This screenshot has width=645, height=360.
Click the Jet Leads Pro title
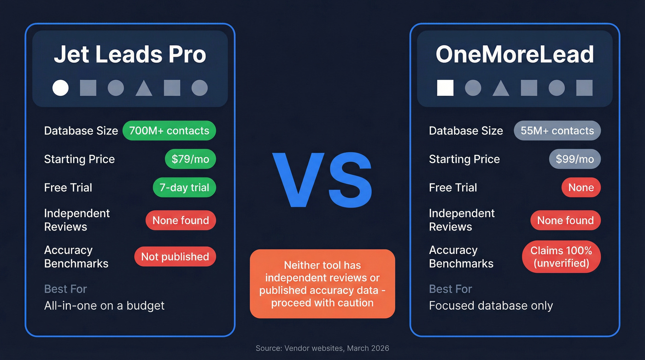tap(130, 55)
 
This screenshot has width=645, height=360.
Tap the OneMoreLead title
tap(515, 55)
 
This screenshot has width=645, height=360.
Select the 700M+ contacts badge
tap(169, 131)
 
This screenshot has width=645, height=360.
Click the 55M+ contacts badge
tap(557, 131)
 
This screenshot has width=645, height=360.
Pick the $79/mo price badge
tap(190, 159)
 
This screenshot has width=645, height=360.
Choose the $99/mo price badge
tap(575, 159)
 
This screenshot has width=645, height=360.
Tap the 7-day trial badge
tap(184, 188)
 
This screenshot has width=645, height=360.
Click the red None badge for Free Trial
tap(581, 188)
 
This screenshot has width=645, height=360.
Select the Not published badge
tap(175, 257)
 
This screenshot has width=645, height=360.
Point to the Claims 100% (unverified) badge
tap(561, 257)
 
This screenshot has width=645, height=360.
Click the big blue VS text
tap(322, 181)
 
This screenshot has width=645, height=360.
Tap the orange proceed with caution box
tap(322, 284)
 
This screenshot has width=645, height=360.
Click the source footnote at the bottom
tap(322, 348)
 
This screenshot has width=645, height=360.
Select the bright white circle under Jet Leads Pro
tap(60, 88)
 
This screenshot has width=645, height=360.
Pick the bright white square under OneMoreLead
tap(445, 88)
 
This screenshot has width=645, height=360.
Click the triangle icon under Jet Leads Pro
tap(144, 88)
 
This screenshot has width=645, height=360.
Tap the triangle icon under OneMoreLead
tap(501, 88)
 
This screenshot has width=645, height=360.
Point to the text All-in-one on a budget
tap(104, 306)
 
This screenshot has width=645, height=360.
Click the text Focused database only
tap(491, 306)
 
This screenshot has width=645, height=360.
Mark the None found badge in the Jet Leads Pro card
tap(181, 221)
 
